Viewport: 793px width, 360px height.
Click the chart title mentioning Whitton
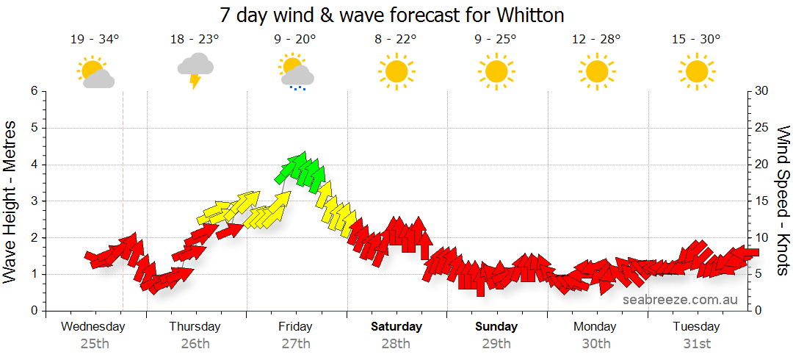point(392,15)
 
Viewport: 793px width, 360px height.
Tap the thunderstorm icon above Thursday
point(195,70)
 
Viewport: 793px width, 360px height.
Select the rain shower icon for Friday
point(296,71)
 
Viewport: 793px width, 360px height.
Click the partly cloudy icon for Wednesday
point(95,72)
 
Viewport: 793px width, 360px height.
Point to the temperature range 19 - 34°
point(95,40)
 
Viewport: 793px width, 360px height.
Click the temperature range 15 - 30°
point(696,40)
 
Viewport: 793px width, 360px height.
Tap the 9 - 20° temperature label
point(295,40)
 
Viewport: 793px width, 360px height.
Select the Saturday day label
point(396,326)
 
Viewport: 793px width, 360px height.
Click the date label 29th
point(496,343)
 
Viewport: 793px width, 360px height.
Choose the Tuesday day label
point(696,326)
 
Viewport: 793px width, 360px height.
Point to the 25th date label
point(95,343)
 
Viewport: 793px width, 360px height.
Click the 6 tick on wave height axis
point(34,91)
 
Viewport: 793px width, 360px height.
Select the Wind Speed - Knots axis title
point(782,201)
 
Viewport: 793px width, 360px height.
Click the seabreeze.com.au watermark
point(679,299)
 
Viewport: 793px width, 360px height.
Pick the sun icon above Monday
point(596,71)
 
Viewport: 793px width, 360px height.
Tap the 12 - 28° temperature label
point(596,40)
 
